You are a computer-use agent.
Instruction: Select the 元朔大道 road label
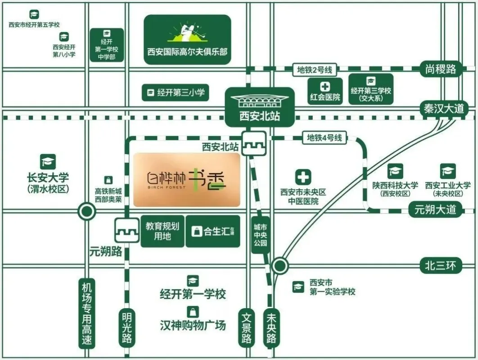(x=435, y=210)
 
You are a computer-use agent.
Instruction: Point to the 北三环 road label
(x=441, y=266)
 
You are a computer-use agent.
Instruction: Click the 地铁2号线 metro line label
(x=315, y=70)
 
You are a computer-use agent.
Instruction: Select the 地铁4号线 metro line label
(x=325, y=138)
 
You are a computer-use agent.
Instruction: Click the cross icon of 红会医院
(x=325, y=87)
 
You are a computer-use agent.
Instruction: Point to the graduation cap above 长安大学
(x=48, y=162)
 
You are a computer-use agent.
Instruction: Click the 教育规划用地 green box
(x=162, y=231)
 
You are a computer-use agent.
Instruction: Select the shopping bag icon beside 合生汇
(x=197, y=232)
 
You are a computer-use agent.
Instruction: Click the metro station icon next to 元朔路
(x=126, y=230)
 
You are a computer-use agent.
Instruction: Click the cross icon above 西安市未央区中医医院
(x=303, y=177)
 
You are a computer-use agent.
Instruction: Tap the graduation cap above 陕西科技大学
(x=395, y=171)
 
